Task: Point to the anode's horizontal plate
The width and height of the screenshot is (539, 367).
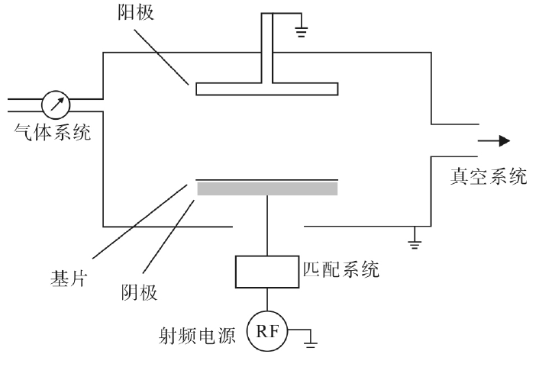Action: coord(266,89)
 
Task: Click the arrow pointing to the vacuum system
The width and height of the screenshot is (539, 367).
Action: coord(493,140)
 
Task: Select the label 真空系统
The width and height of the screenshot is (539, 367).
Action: coord(486,176)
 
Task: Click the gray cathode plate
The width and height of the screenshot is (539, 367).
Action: coord(266,188)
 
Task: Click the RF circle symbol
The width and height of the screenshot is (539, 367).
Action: coord(266,332)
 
